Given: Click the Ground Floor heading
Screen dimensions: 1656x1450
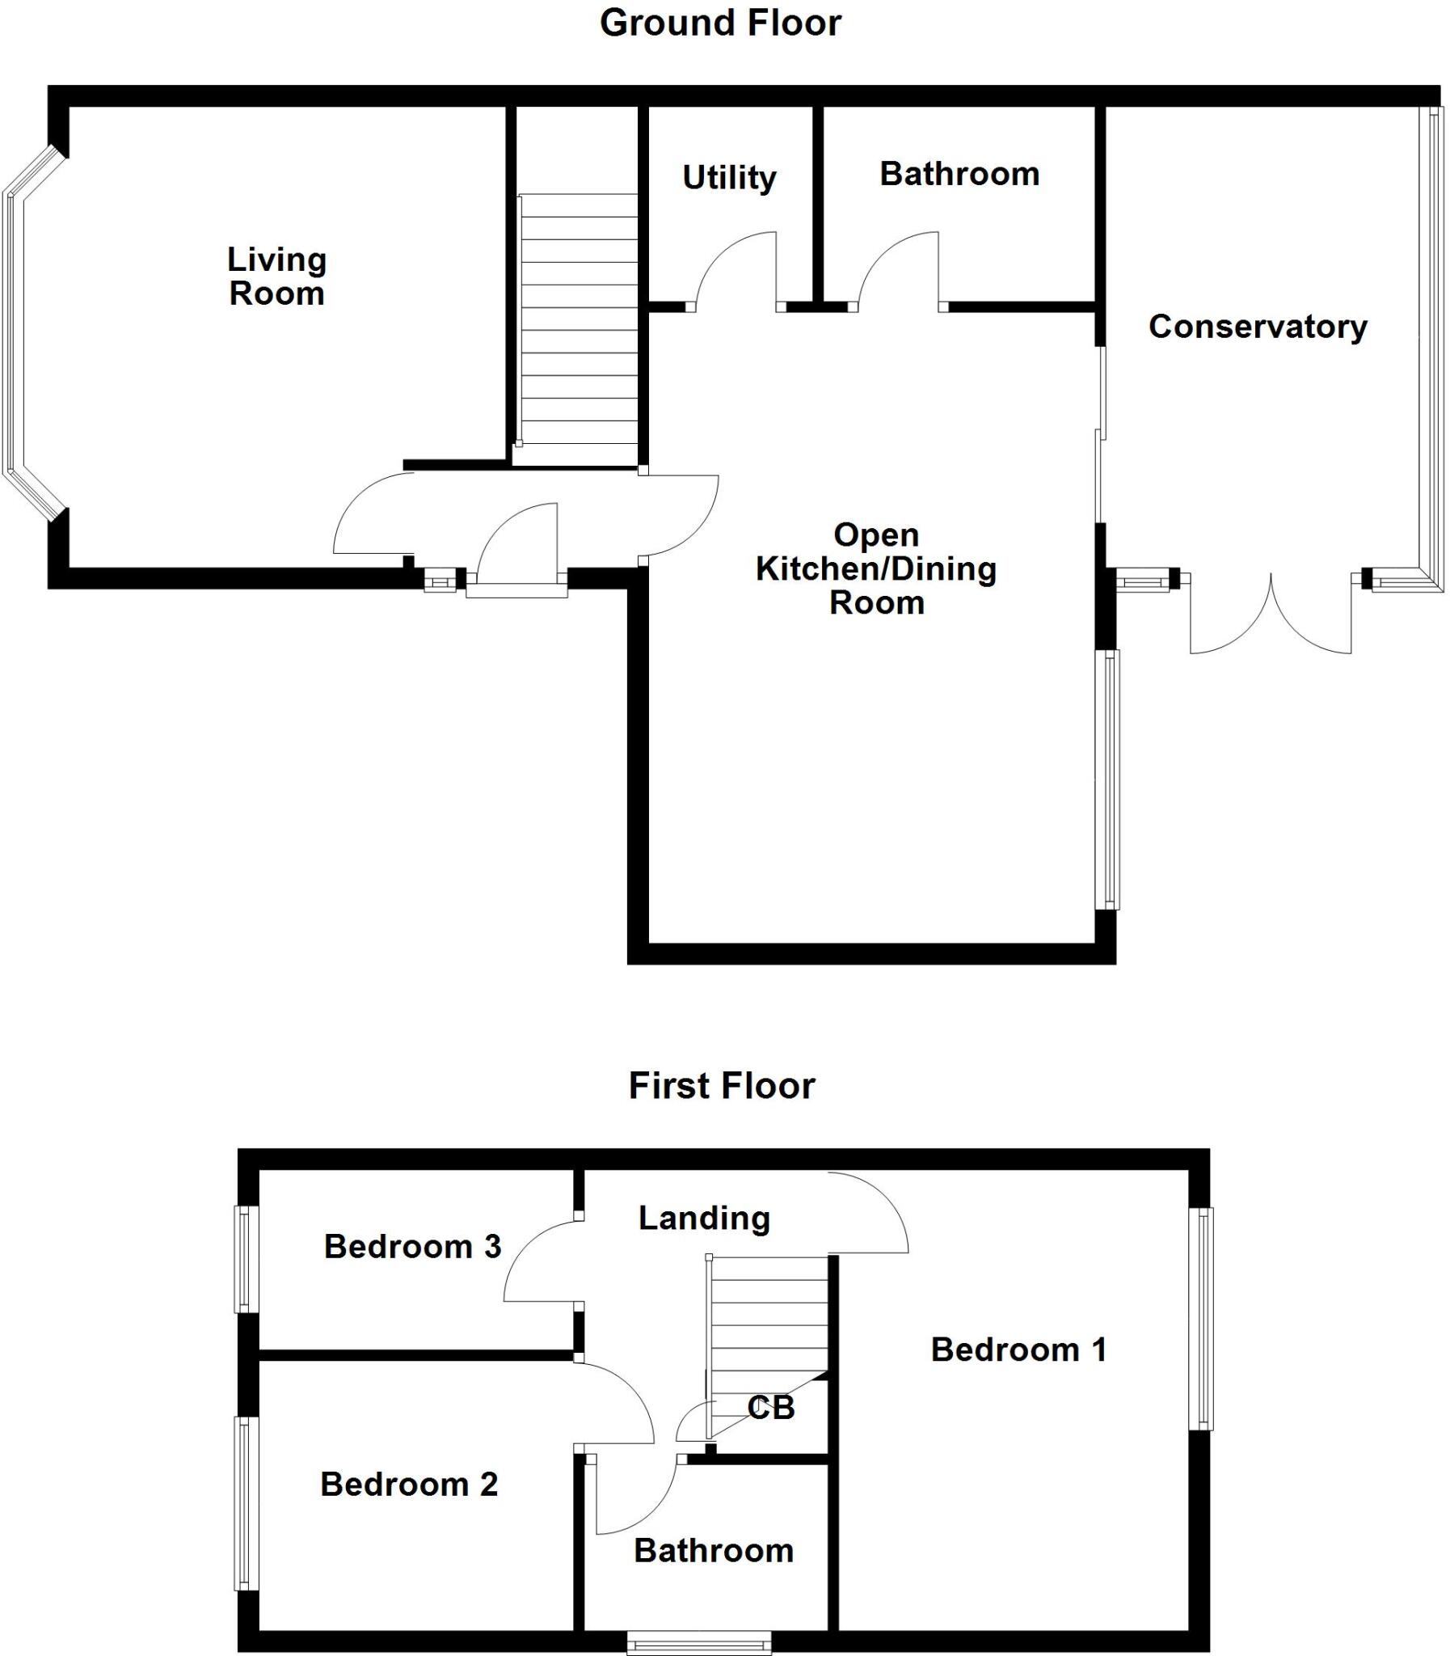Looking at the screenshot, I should click(719, 23).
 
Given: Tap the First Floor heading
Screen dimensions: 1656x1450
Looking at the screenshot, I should click(721, 1085).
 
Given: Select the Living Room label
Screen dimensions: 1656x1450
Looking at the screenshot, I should click(276, 276).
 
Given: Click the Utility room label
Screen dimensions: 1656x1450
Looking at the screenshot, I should click(729, 177).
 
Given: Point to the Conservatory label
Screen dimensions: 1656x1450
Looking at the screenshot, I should click(1258, 326).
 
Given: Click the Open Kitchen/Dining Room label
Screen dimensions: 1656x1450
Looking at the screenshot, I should click(876, 568).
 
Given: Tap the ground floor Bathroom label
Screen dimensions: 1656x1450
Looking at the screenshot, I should click(959, 174).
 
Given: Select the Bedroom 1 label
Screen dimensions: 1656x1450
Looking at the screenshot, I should click(1018, 1350).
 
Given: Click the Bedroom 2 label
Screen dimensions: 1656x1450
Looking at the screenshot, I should click(409, 1484).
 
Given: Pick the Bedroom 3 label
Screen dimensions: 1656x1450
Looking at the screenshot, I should click(413, 1247).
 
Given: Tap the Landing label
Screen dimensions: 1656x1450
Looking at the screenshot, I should click(704, 1217).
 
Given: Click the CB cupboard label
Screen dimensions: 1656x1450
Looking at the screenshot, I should click(770, 1408).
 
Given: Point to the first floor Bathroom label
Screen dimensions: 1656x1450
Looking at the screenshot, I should click(713, 1550).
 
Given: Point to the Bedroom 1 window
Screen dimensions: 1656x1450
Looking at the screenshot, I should click(1205, 1319).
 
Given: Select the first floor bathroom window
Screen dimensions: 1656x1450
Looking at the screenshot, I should click(699, 1642).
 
